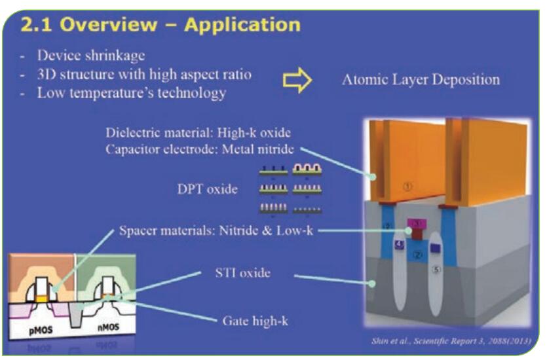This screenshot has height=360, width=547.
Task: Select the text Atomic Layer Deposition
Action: [x=421, y=80]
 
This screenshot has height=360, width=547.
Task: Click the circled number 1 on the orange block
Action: [x=408, y=187]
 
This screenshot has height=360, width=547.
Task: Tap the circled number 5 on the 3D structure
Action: [x=437, y=267]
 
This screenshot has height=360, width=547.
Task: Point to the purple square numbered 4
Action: [x=398, y=244]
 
